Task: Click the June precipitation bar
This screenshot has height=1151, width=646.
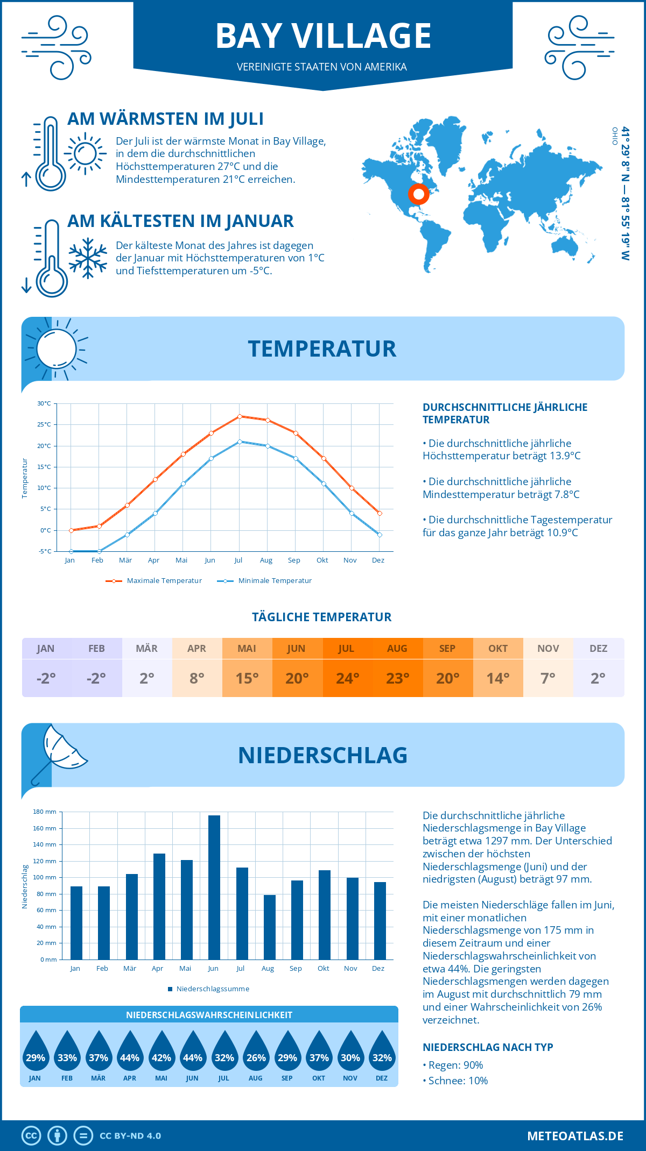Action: click(x=214, y=887)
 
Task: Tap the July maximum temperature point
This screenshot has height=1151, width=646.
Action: click(x=240, y=416)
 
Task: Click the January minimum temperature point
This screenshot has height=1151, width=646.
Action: click(x=71, y=551)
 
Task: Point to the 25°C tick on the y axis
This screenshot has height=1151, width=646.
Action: click(x=44, y=424)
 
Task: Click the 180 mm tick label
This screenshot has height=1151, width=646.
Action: click(x=45, y=812)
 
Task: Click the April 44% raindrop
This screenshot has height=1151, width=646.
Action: click(x=130, y=1051)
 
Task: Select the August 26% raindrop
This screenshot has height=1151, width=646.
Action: click(x=256, y=1051)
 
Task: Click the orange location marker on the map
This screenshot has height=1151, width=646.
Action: click(x=418, y=194)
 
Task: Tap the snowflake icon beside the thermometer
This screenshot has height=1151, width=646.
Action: click(x=88, y=258)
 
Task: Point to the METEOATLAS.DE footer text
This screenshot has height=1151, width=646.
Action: click(x=575, y=1136)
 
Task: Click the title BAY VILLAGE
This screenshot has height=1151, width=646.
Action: click(x=323, y=36)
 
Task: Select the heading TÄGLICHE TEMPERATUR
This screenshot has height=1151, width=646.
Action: click(x=321, y=617)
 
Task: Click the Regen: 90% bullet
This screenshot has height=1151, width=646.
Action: click(x=455, y=1065)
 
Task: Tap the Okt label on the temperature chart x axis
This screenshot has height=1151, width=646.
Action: click(x=322, y=560)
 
